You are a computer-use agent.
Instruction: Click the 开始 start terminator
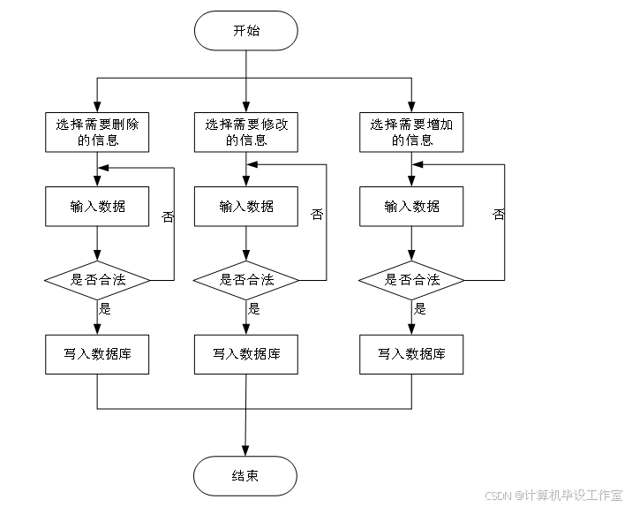245,31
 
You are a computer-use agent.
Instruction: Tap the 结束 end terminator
245,476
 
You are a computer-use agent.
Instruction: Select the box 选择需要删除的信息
97,132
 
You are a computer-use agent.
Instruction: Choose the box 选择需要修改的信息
246,132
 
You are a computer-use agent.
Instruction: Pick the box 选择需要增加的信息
411,132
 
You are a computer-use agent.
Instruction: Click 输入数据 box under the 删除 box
97,207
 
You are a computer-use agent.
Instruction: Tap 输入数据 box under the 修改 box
246,207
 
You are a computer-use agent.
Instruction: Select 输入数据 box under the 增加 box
411,207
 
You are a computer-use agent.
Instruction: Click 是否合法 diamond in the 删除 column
97,280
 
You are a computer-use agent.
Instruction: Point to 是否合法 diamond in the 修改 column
246,280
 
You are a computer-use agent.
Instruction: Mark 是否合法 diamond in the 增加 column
411,280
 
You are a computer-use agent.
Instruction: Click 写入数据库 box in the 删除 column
97,354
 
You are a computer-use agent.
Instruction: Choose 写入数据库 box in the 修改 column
246,354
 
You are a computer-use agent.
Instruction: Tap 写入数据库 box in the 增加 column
411,354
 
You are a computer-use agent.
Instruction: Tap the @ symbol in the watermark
520,495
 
